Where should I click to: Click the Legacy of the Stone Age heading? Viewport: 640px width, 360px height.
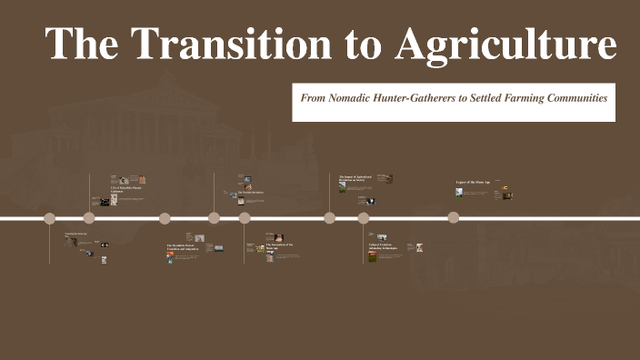[473, 183]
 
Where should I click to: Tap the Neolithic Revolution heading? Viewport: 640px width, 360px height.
[251, 192]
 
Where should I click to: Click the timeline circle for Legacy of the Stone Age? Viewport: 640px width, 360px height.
[453, 217]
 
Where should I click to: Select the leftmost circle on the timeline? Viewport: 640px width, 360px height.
[50, 217]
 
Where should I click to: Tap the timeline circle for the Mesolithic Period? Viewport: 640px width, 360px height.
[165, 217]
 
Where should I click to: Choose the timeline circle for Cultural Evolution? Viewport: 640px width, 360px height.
[364, 217]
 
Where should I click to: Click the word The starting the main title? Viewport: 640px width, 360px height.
[83, 43]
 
